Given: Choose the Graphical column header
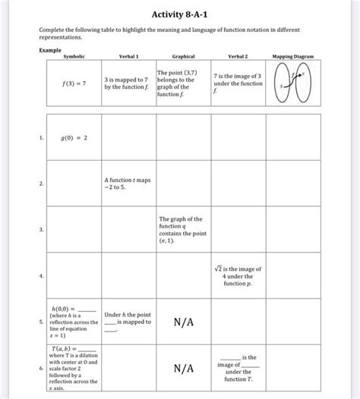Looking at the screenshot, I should (183, 56).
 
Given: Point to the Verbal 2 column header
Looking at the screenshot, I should (238, 56).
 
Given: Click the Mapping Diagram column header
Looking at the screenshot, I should (293, 56).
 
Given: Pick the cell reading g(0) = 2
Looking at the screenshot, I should (74, 138).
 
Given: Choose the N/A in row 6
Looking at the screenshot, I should (183, 368).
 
